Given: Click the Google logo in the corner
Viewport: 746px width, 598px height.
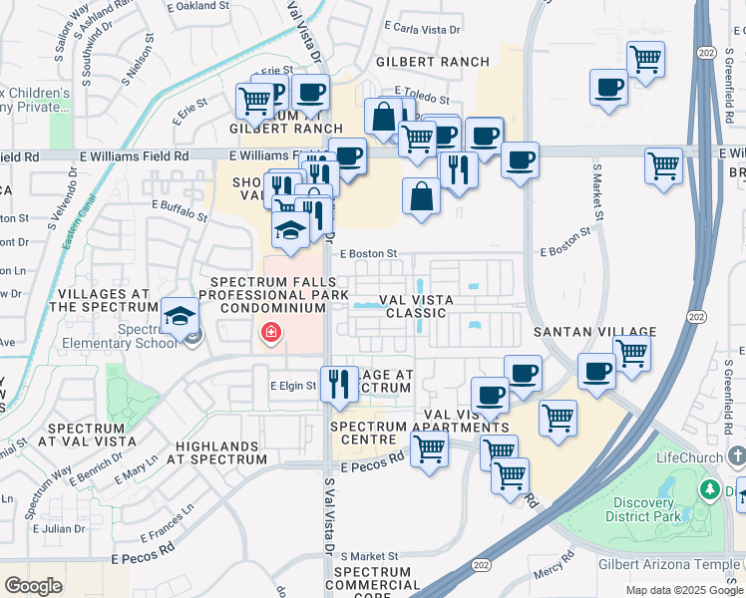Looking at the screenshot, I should tap(33, 586).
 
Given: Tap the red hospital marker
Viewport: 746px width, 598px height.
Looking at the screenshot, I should tap(269, 333).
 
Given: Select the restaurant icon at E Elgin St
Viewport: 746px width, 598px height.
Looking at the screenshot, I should tap(339, 384).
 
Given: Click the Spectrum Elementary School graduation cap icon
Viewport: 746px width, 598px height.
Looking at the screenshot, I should tap(180, 317).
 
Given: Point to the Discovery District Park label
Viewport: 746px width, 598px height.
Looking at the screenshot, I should tap(645, 508).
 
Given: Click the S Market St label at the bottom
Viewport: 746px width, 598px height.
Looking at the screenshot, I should tap(369, 556).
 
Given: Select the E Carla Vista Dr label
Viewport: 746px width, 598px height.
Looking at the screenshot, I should tap(429, 30).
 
